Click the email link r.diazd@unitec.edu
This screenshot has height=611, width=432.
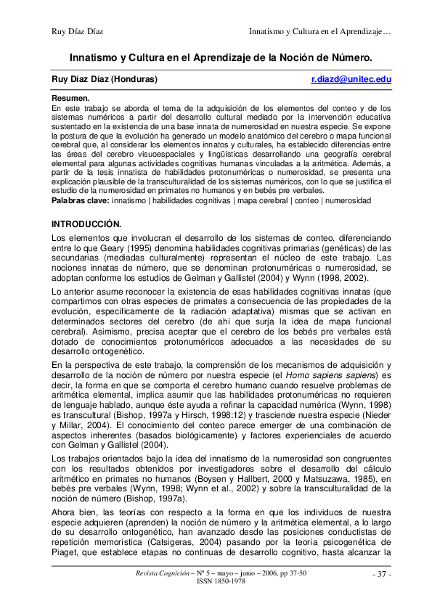[x=351, y=78]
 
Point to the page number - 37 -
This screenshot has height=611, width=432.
[x=381, y=575]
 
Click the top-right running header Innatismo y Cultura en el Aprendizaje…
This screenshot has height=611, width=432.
[x=320, y=31]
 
